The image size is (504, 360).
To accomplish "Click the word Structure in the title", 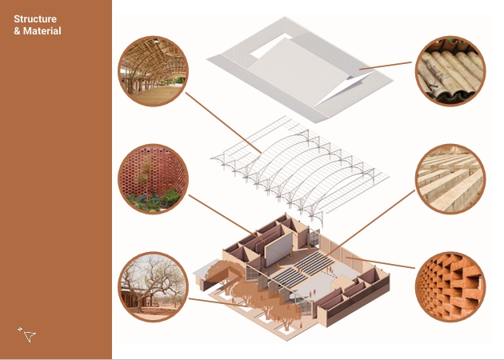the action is pos(35,19).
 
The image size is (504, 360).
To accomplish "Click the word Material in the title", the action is pos(42,31).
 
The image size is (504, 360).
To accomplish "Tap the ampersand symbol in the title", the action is pos(18,31).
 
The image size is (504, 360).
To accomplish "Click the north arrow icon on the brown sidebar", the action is pos(27,334).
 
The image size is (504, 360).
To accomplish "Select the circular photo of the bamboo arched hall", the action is pos(153,71).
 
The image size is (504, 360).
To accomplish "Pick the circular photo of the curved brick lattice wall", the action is pos(153,179).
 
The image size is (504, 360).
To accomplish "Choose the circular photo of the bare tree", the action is pos(153,286).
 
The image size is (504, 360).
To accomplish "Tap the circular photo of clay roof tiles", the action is pos(450,71).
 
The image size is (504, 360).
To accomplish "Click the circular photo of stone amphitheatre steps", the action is pos(450,179).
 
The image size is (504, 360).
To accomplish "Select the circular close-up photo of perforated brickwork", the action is pos(450,286).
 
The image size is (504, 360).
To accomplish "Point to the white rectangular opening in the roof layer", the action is pos(270,46).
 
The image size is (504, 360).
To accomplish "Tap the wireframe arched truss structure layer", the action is pos(299,170).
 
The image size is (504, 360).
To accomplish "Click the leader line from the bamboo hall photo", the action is pos(223,122).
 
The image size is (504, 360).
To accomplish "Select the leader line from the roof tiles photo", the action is pos(385,66).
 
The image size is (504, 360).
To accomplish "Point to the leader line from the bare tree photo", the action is pos(219,302).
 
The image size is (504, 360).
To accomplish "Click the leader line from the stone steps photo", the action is pos(370,223).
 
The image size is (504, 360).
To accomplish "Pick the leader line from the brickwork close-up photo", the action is pos(380,262).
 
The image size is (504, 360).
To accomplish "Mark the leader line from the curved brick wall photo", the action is pos(226,218).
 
